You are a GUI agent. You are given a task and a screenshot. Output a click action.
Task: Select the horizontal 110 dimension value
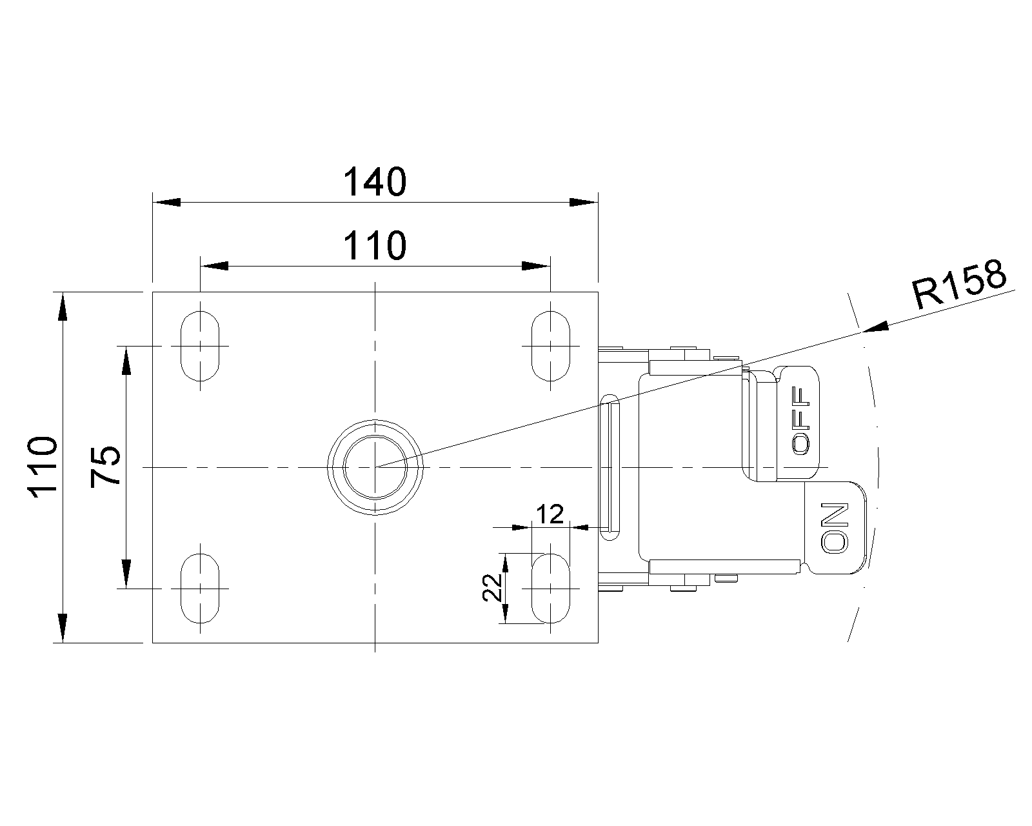coord(375,246)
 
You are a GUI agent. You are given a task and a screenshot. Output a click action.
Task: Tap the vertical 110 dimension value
coord(43,467)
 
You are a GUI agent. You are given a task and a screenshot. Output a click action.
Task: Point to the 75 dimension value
coord(106,467)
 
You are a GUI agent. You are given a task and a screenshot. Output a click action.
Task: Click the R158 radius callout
coord(958,285)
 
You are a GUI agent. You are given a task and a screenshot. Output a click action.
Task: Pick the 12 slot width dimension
coord(550,515)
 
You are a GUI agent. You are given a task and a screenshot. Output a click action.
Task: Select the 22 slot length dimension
coord(492,589)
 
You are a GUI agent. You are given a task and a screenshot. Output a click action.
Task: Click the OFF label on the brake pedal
coord(801,421)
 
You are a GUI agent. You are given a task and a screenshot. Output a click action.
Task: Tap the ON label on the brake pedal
coord(835,528)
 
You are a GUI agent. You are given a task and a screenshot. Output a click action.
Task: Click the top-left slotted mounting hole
coord(200,346)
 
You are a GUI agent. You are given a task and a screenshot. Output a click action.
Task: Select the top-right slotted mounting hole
coord(551,346)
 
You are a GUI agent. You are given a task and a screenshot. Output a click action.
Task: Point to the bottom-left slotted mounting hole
coord(200,589)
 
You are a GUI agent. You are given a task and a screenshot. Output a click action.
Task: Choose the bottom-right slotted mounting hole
coord(551,589)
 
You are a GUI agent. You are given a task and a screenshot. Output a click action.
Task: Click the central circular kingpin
coord(375,467)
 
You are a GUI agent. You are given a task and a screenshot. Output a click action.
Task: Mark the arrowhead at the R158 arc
coord(875,327)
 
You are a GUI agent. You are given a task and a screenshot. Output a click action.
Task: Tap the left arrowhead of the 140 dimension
coord(166,202)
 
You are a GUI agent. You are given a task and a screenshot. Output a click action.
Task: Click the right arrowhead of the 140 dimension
coord(584,202)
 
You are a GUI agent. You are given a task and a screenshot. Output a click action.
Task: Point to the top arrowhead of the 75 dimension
coord(126,360)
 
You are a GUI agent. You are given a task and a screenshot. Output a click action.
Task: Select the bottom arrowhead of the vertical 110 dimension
coord(63,629)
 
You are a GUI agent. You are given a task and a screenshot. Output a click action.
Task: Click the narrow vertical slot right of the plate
coord(610,467)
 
